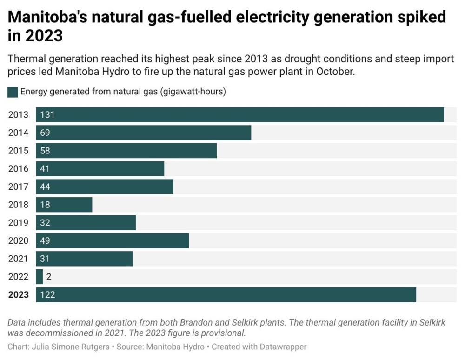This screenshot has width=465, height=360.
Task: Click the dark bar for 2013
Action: pyautogui.click(x=240, y=115)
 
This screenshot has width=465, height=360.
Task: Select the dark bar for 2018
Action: pyautogui.click(x=64, y=205)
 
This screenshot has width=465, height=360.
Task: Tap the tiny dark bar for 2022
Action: pyautogui.click(x=40, y=277)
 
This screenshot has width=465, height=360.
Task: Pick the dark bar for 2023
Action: pyautogui.click(x=226, y=294)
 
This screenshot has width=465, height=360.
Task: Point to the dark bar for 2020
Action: pyautogui.click(x=113, y=240)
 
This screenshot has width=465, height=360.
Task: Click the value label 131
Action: pyautogui.click(x=47, y=115)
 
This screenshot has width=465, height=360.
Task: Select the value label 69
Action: pyautogui.click(x=45, y=133)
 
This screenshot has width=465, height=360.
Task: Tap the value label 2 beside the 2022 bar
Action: pyautogui.click(x=48, y=277)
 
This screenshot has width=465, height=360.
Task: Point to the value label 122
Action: pyautogui.click(x=47, y=294)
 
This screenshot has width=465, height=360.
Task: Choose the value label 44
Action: pyautogui.click(x=45, y=187)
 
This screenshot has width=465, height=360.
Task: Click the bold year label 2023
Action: pyautogui.click(x=18, y=294)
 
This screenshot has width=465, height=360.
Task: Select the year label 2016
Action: pyautogui.click(x=18, y=169)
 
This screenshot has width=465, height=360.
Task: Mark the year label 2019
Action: pyautogui.click(x=18, y=223)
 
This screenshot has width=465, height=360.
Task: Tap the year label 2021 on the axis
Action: pyautogui.click(x=18, y=259)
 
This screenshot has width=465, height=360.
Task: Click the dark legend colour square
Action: pyautogui.click(x=13, y=92)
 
